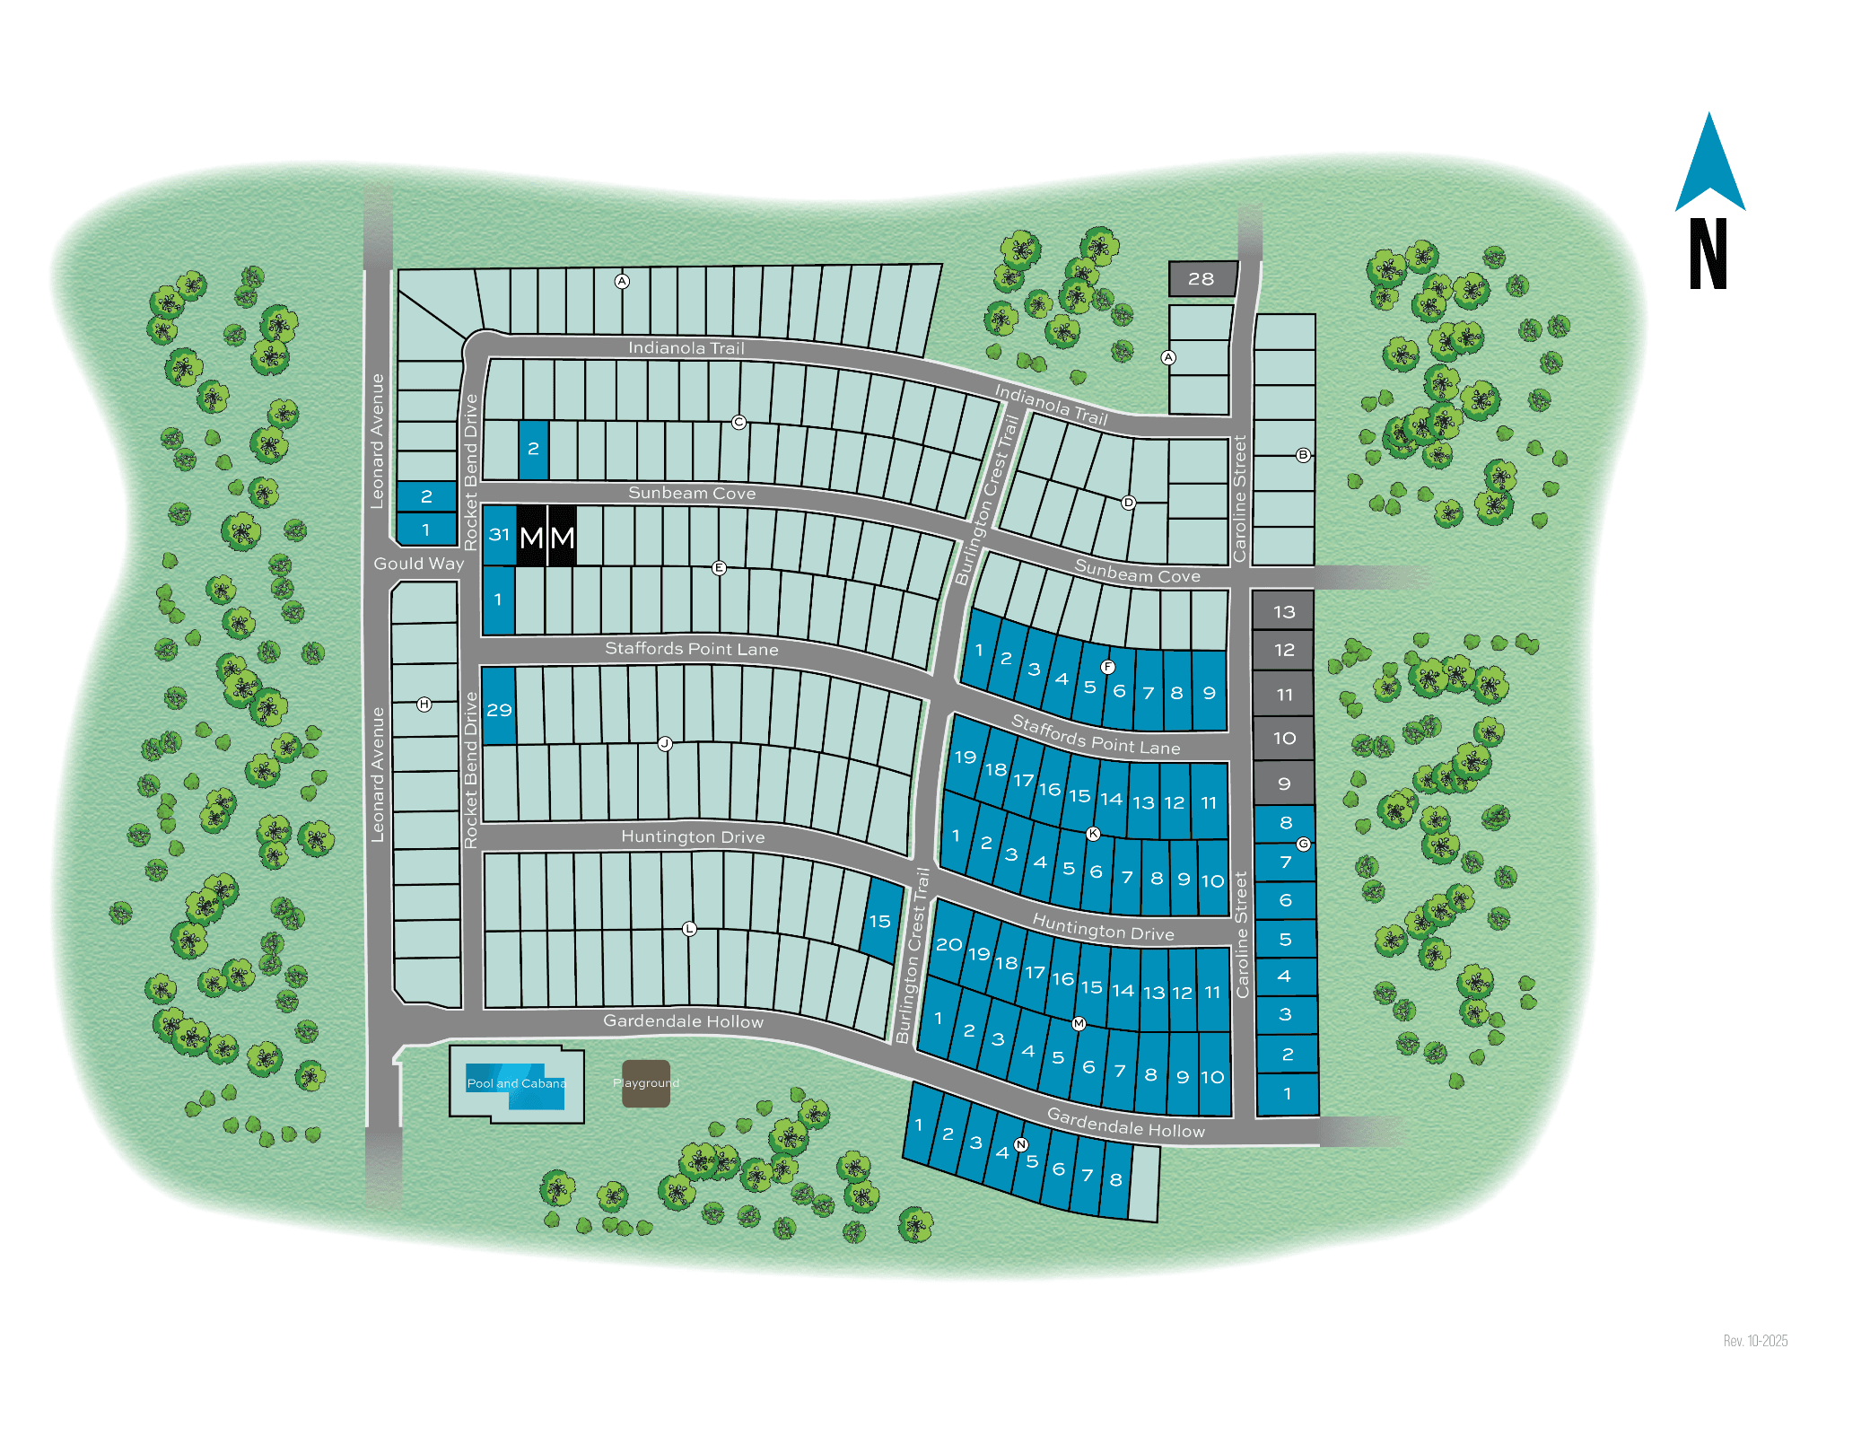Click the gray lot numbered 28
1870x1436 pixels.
[x=1202, y=279]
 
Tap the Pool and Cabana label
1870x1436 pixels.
[x=516, y=1083]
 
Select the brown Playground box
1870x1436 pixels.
[x=646, y=1083]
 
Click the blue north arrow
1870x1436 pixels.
[x=1709, y=166]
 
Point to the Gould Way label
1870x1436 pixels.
[x=419, y=564]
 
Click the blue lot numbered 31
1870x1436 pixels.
[x=499, y=535]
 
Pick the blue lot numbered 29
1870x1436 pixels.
[x=499, y=709]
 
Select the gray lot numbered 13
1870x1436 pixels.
[x=1283, y=611]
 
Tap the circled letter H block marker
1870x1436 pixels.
[x=424, y=705]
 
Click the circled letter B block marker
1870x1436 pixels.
[x=1303, y=455]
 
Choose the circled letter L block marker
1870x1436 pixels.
[x=689, y=929]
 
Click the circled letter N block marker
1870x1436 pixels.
[x=1020, y=1144]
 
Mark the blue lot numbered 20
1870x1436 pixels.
[x=948, y=944]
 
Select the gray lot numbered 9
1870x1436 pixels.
[x=1283, y=784]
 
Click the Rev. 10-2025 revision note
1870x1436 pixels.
[x=1755, y=1341]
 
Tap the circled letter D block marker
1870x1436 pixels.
[x=1129, y=503]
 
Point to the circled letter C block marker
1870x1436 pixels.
[x=738, y=422]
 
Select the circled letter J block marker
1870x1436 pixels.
[x=665, y=743]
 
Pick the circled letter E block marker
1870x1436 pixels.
[x=719, y=567]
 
